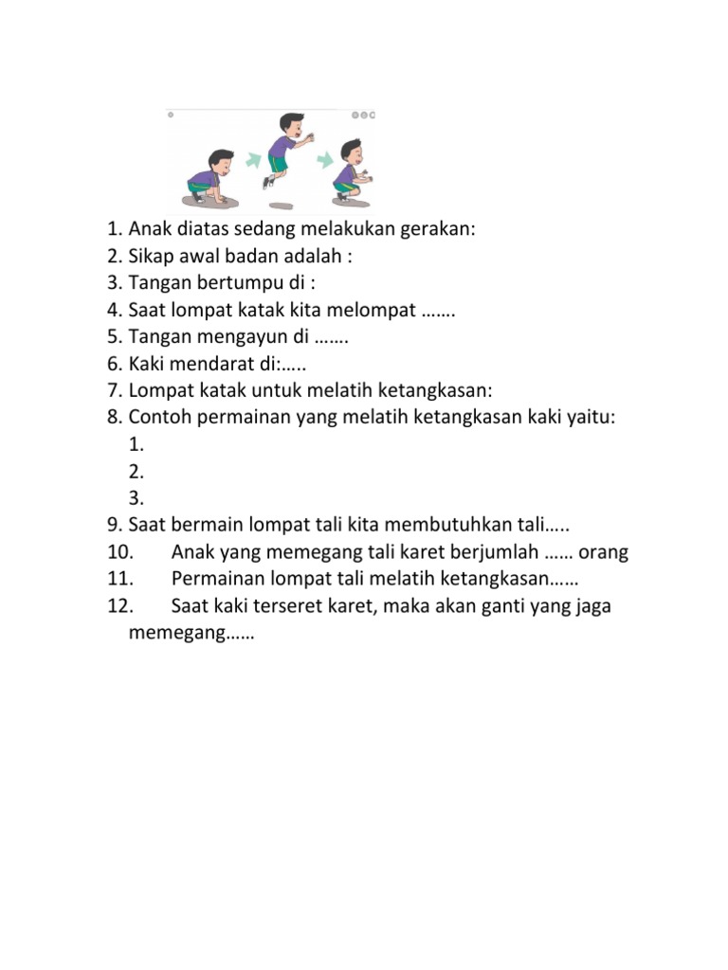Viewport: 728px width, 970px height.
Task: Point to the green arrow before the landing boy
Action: pos(324,160)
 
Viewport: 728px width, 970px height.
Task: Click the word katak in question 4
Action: pos(267,309)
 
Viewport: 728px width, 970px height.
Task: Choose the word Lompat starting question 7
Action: pos(156,388)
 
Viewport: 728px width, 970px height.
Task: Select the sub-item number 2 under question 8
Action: pos(136,471)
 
